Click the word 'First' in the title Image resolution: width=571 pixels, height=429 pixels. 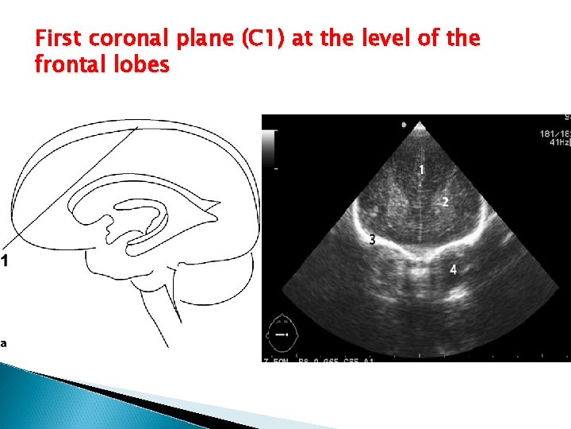[59, 38]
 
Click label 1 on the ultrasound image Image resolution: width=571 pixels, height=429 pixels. [421, 170]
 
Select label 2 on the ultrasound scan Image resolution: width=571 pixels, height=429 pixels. [445, 203]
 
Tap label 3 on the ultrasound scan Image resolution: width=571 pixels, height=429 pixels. [372, 239]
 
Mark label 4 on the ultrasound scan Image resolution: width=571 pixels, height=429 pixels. [453, 270]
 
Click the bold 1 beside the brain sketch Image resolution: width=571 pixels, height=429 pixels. [5, 260]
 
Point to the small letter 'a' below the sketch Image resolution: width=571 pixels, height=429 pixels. [4, 343]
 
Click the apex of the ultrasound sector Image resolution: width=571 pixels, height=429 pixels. [420, 126]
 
